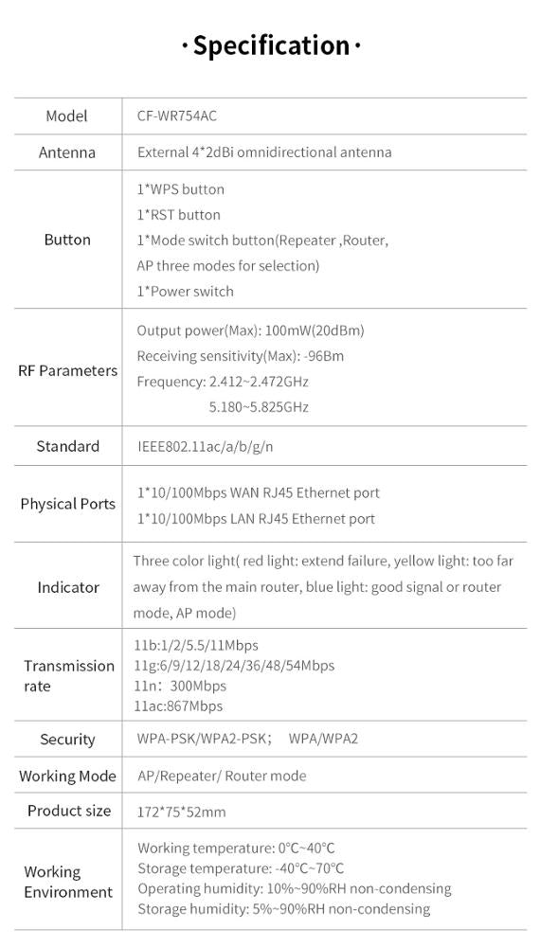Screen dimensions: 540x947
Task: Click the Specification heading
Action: point(271,45)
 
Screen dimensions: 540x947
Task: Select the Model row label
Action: point(66,116)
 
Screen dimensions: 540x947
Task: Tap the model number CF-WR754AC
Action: point(171,116)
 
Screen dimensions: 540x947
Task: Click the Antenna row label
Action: point(66,152)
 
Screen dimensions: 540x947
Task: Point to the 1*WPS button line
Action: point(181,189)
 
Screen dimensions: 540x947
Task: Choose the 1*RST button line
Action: point(179,215)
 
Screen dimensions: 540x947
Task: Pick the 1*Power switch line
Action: point(186,292)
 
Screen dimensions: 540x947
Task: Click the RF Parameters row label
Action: point(67,370)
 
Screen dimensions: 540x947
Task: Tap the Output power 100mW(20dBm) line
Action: point(250,331)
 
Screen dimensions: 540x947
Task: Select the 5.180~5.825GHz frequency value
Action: point(259,407)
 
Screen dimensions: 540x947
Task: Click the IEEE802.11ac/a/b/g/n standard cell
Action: point(206,447)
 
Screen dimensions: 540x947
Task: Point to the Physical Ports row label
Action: point(67,504)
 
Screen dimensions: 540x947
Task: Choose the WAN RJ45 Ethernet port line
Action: point(259,492)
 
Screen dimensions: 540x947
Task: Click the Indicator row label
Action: point(68,587)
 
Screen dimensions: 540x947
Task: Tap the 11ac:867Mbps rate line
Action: point(178,706)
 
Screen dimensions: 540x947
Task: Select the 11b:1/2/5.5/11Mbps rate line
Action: point(195,645)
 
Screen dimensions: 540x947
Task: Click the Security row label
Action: point(67,740)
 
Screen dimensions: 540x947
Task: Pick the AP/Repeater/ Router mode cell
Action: point(222,776)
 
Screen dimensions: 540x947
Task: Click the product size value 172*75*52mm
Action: point(182,812)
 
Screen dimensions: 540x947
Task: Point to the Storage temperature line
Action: point(241,868)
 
